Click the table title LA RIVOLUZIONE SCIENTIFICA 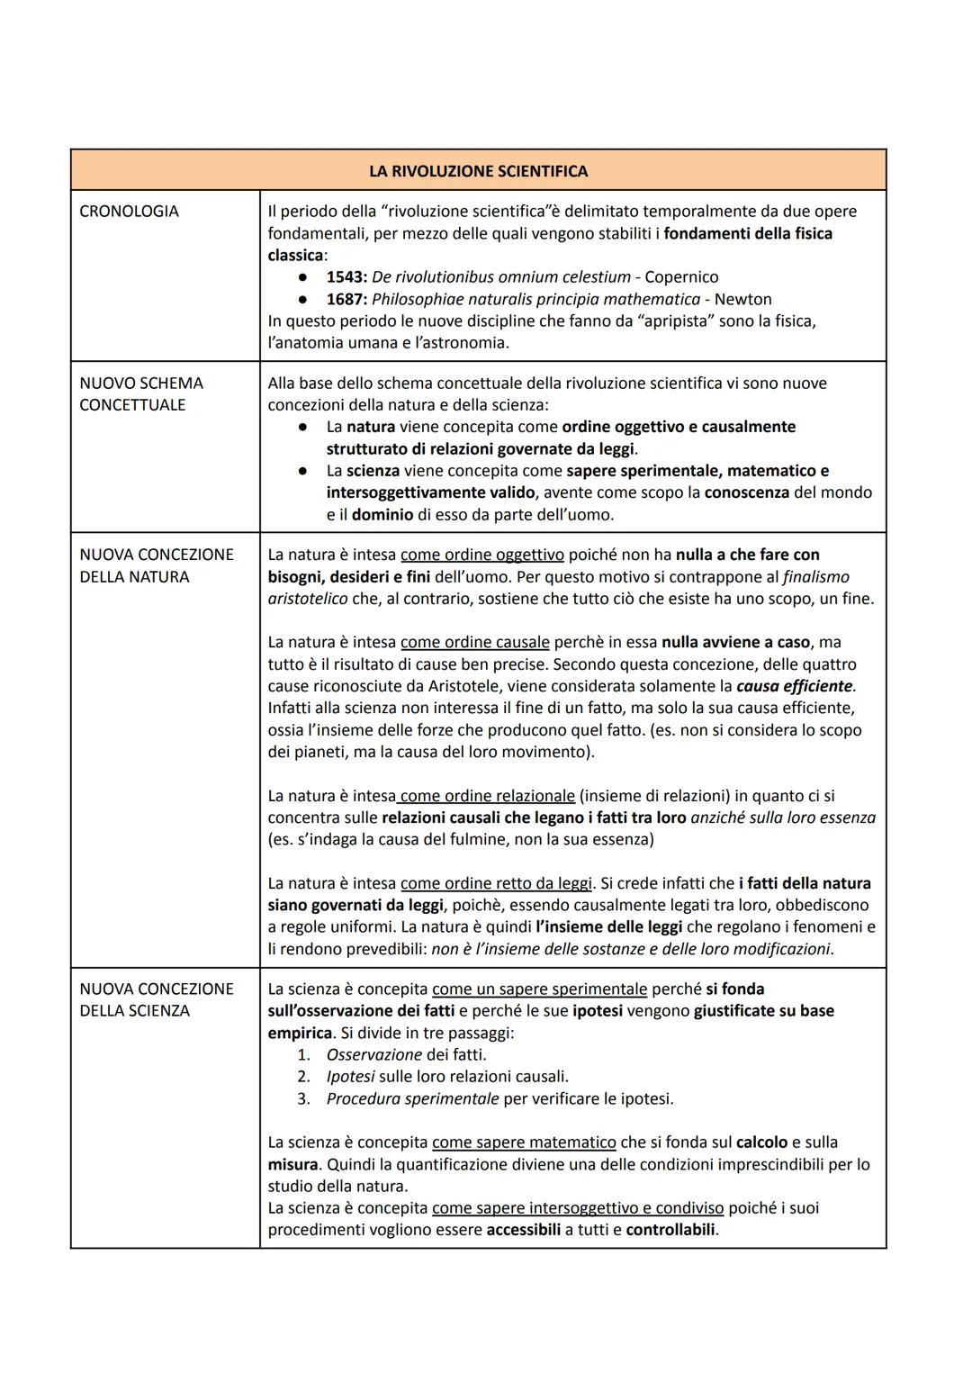click(x=478, y=171)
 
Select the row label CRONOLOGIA click(x=129, y=212)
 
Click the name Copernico click(x=681, y=277)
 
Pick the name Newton click(x=742, y=299)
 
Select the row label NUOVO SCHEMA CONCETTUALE click(x=141, y=394)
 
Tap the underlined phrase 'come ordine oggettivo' click(x=481, y=555)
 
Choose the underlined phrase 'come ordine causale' click(x=474, y=643)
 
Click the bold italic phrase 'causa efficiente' click(x=794, y=686)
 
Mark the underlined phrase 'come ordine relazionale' click(x=487, y=796)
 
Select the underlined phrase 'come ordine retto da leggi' click(x=496, y=883)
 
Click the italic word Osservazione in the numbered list click(x=373, y=1054)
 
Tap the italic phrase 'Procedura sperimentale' click(x=412, y=1098)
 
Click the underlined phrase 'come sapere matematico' click(x=524, y=1143)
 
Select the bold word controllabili click(x=670, y=1230)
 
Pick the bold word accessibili click(x=523, y=1230)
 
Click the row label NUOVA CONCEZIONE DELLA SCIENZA click(x=144, y=1000)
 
